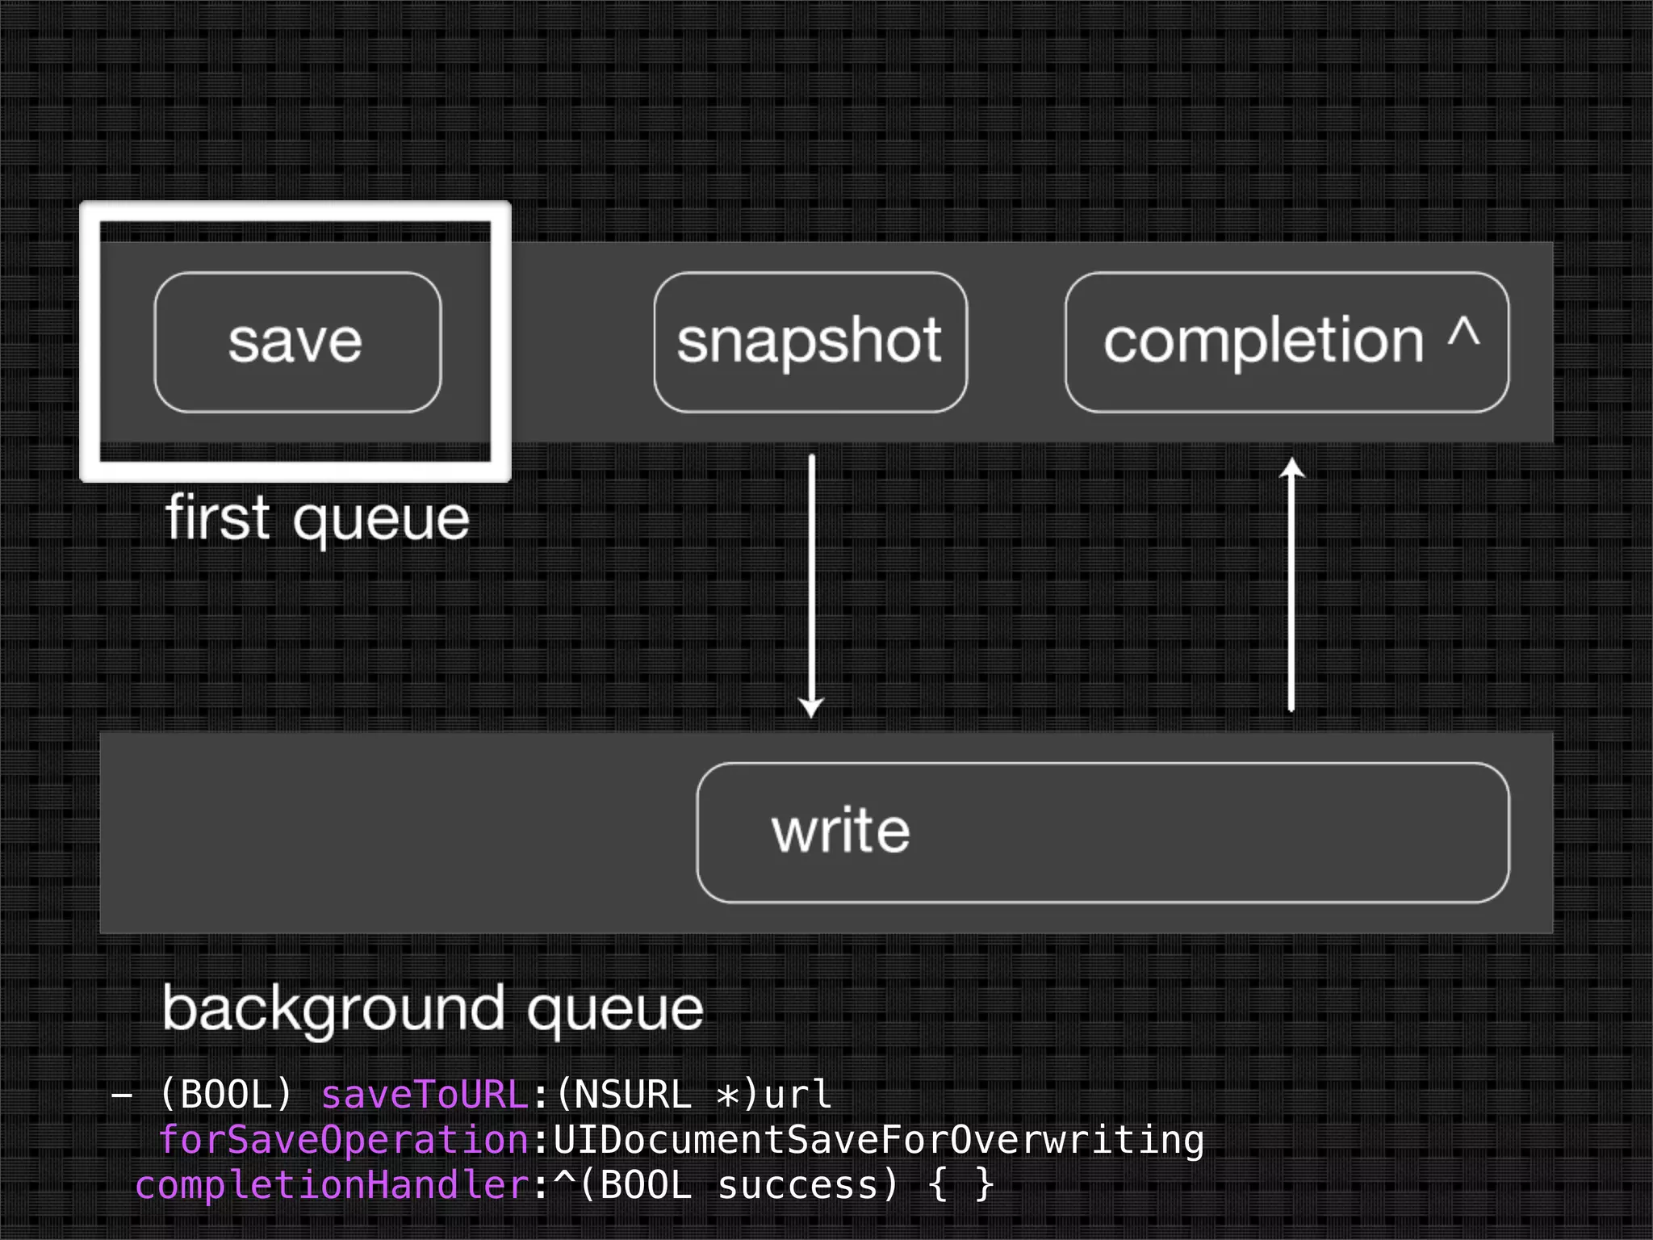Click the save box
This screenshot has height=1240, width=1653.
[297, 342]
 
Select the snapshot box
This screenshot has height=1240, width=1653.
[810, 342]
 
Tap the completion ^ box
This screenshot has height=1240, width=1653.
[1286, 342]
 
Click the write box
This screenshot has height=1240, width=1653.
[1102, 832]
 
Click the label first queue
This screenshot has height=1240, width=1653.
[316, 519]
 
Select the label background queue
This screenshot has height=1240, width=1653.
[433, 1009]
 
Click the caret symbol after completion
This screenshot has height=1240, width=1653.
[1463, 333]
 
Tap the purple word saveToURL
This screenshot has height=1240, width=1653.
[425, 1095]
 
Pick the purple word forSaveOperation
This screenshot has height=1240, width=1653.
[343, 1140]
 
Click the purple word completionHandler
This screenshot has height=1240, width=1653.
[332, 1185]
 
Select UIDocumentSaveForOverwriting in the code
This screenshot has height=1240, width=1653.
[878, 1140]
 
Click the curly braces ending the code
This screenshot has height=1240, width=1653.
[960, 1185]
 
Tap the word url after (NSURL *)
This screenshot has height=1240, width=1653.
[797, 1095]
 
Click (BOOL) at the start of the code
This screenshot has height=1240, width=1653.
[225, 1095]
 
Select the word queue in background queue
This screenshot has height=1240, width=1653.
[615, 1011]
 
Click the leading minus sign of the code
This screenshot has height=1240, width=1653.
[122, 1096]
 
